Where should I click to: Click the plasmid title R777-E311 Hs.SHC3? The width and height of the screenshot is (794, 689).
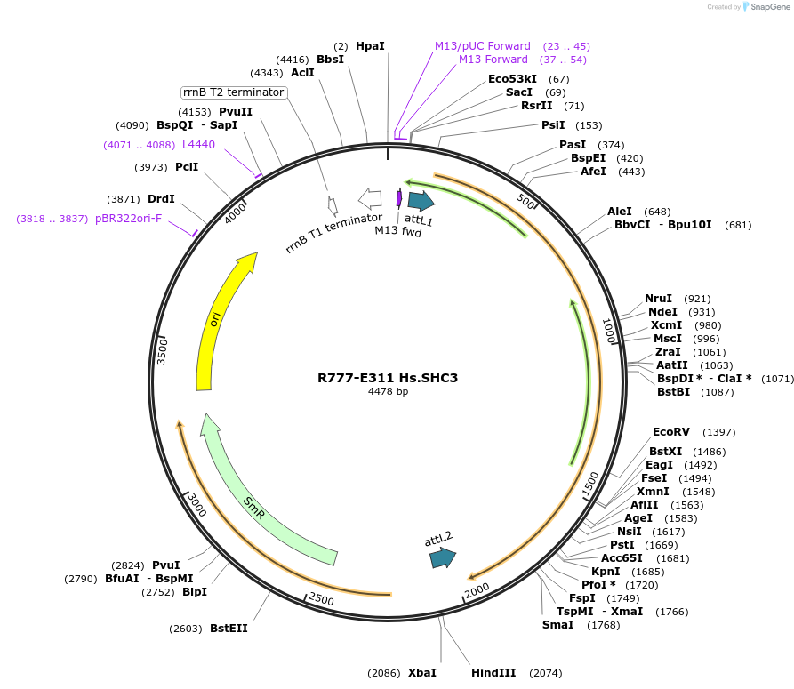(x=388, y=377)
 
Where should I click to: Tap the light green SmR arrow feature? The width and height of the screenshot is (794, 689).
(x=258, y=502)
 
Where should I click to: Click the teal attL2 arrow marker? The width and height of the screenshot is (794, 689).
(x=442, y=557)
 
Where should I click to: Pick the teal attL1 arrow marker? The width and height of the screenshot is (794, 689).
(x=420, y=201)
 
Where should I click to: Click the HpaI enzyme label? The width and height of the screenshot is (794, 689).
(x=370, y=45)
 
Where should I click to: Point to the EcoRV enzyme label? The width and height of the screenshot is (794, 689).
(x=670, y=432)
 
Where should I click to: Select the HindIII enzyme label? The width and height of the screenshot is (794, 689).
(x=493, y=673)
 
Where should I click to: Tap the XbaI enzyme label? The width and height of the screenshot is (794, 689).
(x=422, y=673)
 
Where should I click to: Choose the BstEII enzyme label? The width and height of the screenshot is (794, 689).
(x=229, y=629)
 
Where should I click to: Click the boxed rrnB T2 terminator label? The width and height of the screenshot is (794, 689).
(x=233, y=92)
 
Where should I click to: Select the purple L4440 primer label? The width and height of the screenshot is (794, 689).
(x=198, y=145)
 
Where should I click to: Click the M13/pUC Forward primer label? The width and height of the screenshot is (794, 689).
(x=483, y=45)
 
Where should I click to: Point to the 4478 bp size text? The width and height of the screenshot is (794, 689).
(x=388, y=391)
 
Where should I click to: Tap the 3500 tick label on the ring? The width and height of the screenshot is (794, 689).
(x=163, y=349)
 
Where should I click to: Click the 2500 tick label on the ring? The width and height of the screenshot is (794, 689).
(x=321, y=599)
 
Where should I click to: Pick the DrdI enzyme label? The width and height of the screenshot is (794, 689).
(x=161, y=199)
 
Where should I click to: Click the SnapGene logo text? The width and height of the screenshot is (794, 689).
(x=770, y=7)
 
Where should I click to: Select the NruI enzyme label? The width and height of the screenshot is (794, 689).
(x=658, y=298)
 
